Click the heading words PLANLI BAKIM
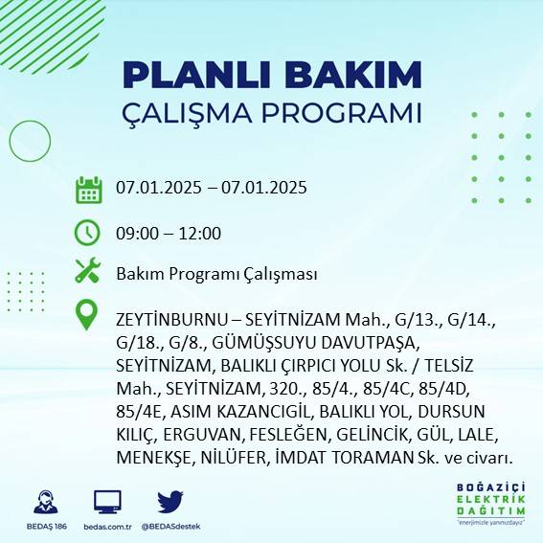(272, 75)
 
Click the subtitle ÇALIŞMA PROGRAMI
(272, 112)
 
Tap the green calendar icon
(88, 189)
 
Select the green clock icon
(88, 232)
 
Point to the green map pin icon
(88, 315)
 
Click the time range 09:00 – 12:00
(169, 233)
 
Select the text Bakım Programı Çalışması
(216, 274)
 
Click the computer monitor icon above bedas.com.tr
(107, 502)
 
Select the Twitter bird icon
(170, 502)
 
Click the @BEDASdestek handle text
(170, 527)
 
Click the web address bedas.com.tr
(107, 527)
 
